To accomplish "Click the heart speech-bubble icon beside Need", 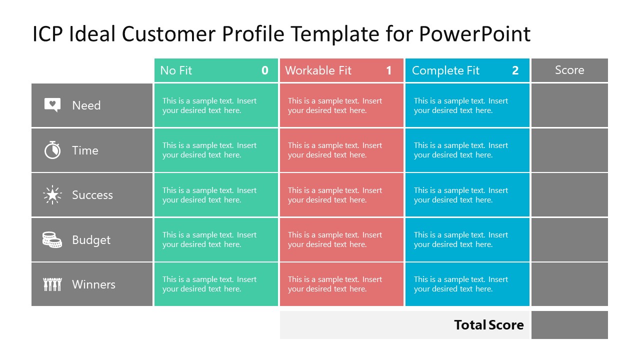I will (52, 105).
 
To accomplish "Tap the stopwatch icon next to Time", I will (52, 150).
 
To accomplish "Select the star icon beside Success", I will (52, 194).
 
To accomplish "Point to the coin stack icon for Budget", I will (52, 239).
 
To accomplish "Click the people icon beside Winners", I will (52, 284).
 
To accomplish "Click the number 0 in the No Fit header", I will (265, 70).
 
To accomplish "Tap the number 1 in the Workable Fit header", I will (389, 70).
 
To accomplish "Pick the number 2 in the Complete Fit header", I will (515, 70).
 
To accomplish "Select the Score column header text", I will (569, 70).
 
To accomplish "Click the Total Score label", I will (488, 325).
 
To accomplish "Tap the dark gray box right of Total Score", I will (569, 325).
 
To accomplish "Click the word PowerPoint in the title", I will (474, 34).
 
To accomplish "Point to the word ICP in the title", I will (48, 34).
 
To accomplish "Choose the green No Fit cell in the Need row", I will (216, 105).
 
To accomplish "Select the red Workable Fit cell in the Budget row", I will (341, 239).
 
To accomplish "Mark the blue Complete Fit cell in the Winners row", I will (467, 284).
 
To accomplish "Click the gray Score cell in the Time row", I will (569, 150).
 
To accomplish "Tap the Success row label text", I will (92, 194).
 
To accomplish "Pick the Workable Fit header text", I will (318, 70).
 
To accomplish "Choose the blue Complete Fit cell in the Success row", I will (467, 195).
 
